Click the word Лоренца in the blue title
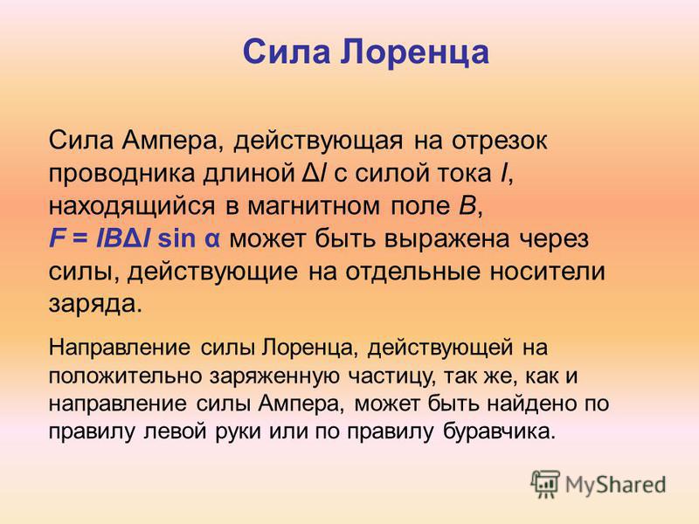(415, 52)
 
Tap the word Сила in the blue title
(287, 52)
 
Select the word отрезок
(499, 141)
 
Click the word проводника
(121, 173)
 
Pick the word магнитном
(314, 206)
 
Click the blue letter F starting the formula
(54, 238)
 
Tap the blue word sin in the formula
(176, 238)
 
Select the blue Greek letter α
(212, 241)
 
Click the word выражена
(446, 239)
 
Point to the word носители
(548, 272)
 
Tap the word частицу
(389, 377)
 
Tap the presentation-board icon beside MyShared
(545, 484)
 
